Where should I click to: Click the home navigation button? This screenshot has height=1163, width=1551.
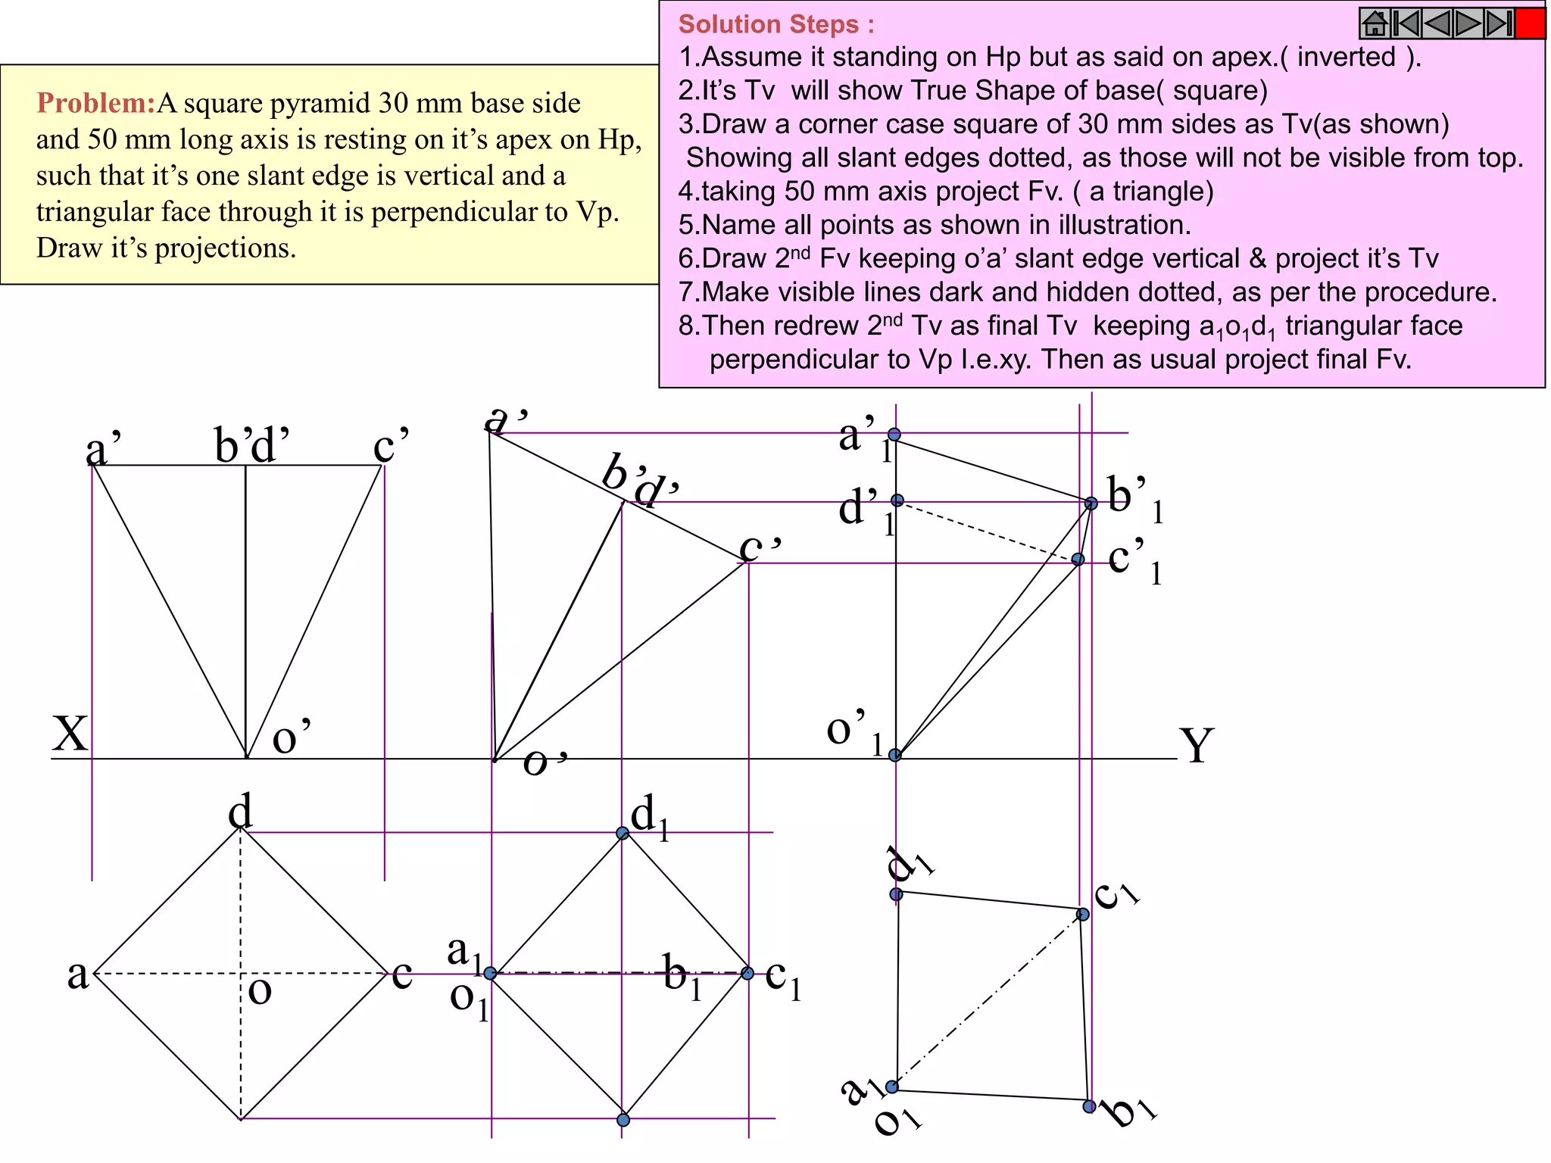[x=1375, y=23]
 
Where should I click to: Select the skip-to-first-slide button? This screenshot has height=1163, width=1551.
[x=1406, y=23]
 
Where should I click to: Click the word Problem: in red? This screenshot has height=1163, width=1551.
[x=96, y=103]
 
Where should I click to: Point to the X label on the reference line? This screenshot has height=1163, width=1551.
[x=70, y=733]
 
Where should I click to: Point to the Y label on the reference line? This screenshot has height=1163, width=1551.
[x=1197, y=745]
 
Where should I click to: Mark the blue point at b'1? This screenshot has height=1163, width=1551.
[x=1091, y=503]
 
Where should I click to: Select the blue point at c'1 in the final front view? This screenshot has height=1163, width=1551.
[x=1078, y=560]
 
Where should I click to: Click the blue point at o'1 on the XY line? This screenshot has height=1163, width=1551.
[x=895, y=755]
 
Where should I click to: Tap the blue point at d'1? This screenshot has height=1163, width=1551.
[x=897, y=500]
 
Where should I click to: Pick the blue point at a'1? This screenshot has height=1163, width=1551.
[x=894, y=435]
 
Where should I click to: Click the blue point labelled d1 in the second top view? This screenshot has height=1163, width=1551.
[x=623, y=833]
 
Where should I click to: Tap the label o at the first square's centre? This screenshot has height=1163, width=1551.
[x=259, y=990]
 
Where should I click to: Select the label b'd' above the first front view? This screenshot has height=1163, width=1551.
[x=251, y=445]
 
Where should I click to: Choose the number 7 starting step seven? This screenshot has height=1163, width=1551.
[x=686, y=292]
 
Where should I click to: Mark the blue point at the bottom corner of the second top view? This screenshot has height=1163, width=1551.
[x=623, y=1120]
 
